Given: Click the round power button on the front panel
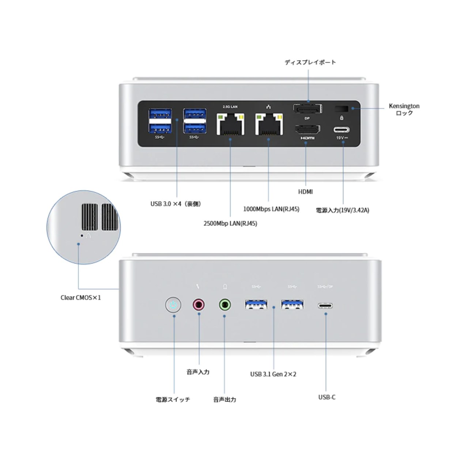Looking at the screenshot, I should click(173, 305).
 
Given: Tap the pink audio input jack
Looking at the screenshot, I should click(199, 304).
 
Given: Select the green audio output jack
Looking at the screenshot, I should click(224, 304).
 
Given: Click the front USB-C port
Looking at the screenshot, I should click(325, 305).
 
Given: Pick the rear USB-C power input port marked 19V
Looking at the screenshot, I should click(341, 130).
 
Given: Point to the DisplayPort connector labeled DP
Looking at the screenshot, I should click(307, 109).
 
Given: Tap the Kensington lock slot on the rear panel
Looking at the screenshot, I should click(341, 109).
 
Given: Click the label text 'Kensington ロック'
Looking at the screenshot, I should click(404, 109).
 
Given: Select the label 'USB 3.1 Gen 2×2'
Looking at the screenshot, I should click(273, 374).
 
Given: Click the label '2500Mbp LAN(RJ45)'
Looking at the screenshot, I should click(230, 223).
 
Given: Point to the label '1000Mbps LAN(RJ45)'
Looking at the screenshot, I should click(271, 209).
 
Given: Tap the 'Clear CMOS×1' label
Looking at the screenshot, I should click(80, 298).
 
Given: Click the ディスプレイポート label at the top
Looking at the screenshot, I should click(310, 62).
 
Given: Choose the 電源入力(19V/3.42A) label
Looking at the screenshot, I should click(342, 210).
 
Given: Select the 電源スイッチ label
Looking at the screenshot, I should click(173, 400).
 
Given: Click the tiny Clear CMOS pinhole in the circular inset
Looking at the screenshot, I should click(82, 236).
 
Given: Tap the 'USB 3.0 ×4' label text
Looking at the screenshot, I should click(175, 204).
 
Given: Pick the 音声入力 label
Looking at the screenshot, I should click(198, 372).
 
